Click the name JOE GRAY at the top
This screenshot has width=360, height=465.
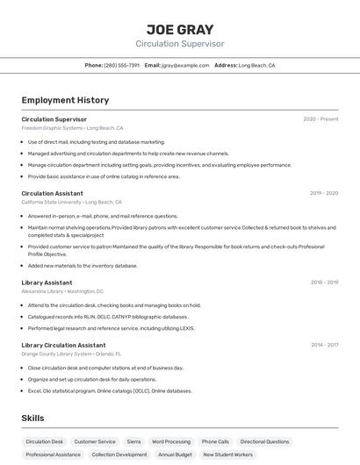click(x=179, y=30)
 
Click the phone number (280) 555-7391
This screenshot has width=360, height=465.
click(x=121, y=65)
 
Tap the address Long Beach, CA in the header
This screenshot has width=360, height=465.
click(x=256, y=65)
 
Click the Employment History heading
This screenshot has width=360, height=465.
click(x=65, y=100)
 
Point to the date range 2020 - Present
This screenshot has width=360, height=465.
click(x=320, y=119)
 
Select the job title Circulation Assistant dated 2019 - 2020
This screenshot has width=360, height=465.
click(x=52, y=193)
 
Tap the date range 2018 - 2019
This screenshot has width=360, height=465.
click(x=324, y=283)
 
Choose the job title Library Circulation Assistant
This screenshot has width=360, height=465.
click(x=63, y=345)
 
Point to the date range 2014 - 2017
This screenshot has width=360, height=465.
click(x=324, y=346)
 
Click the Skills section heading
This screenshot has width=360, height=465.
click(x=32, y=418)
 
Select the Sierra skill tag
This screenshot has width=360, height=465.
click(x=133, y=441)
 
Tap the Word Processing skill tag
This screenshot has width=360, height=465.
click(x=171, y=441)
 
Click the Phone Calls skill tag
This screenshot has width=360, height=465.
click(x=215, y=441)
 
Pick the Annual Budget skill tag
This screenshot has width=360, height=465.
click(x=175, y=454)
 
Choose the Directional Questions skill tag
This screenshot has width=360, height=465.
click(x=264, y=441)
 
